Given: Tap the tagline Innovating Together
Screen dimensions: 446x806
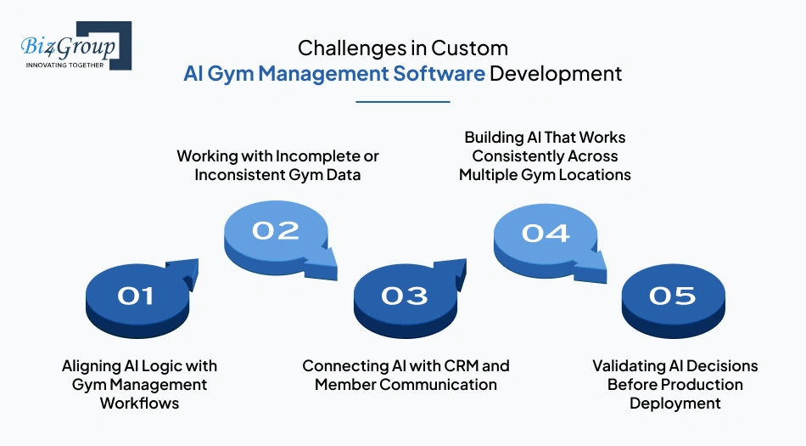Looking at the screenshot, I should [64, 65].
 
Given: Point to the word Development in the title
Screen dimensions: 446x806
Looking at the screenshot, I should [556, 74].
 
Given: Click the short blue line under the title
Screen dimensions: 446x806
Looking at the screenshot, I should [402, 102].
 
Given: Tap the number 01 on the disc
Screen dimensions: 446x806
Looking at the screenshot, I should [135, 296].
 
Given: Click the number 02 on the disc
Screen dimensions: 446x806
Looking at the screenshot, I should [276, 230].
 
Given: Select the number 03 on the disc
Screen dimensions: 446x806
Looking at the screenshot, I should [404, 296].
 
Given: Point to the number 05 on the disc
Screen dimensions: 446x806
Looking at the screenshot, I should [672, 296].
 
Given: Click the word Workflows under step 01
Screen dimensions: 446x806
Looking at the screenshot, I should [139, 403].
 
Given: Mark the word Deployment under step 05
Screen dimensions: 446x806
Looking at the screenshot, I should [674, 403].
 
